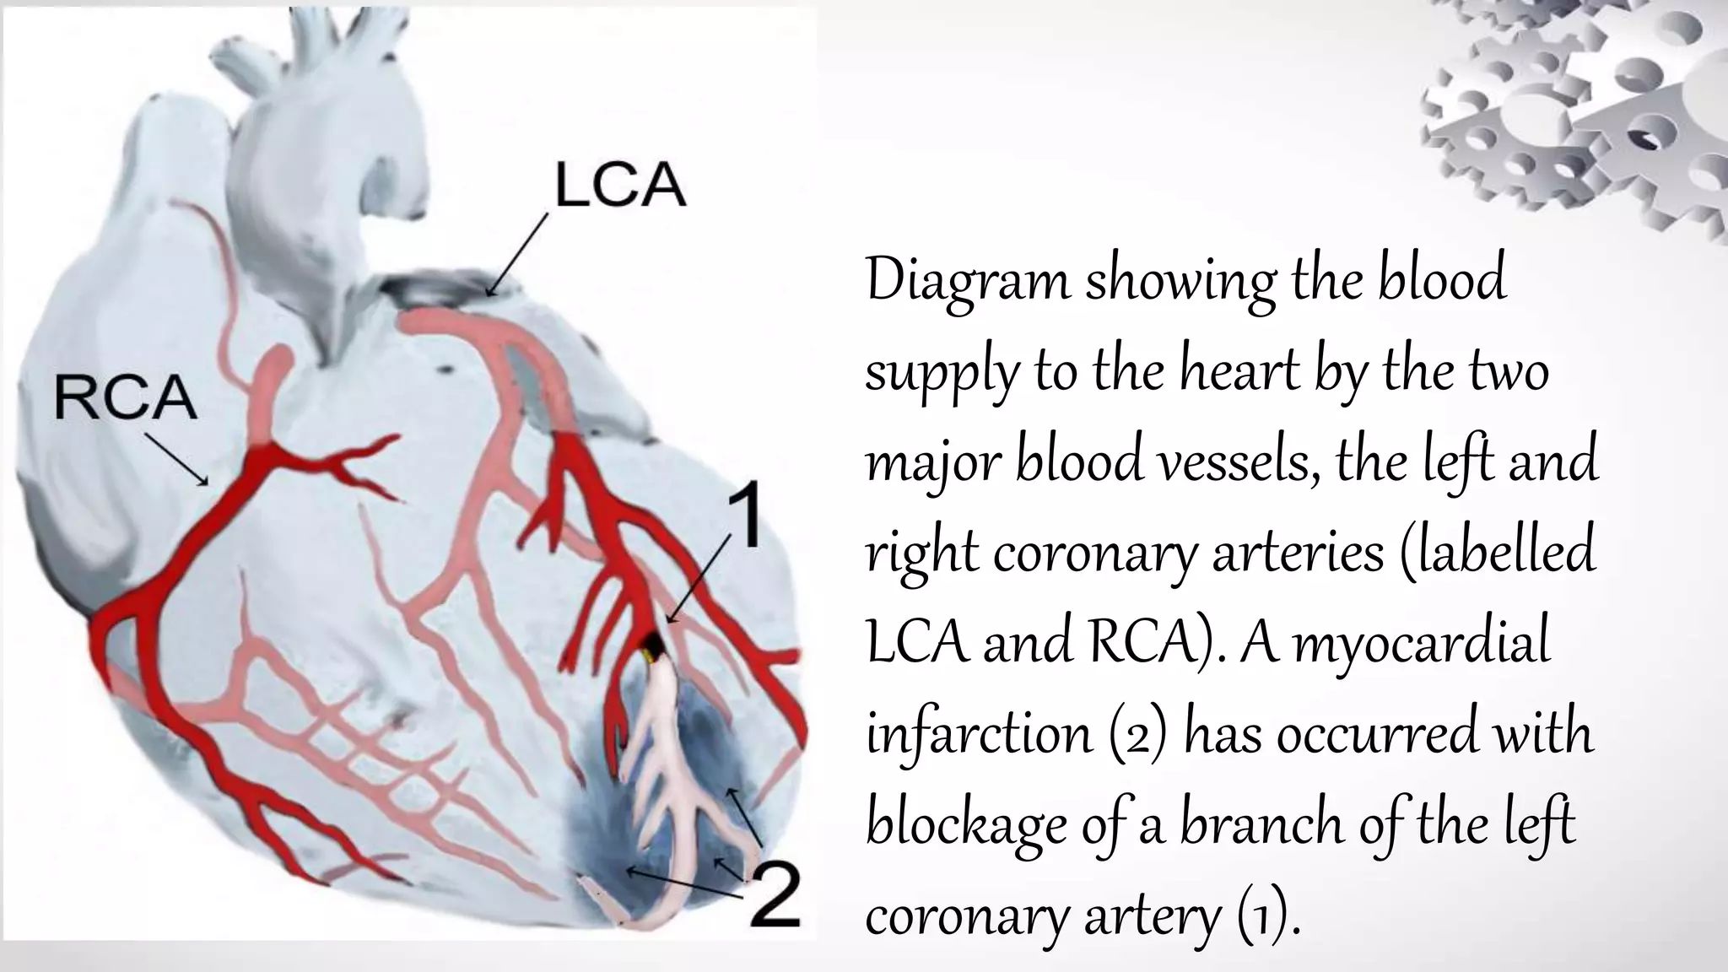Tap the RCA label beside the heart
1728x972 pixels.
(x=125, y=399)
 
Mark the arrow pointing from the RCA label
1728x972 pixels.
(x=176, y=460)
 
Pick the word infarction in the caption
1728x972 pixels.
(x=979, y=734)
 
